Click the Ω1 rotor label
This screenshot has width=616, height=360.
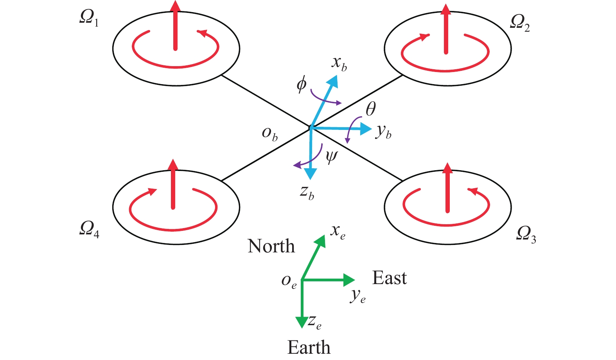(89, 18)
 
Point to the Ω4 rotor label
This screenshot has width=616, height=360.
(89, 229)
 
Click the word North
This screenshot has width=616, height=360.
(271, 246)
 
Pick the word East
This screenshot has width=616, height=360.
(389, 278)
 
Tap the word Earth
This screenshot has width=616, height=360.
(309, 347)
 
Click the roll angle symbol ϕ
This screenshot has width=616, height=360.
(302, 84)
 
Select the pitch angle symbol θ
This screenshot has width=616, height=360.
(370, 109)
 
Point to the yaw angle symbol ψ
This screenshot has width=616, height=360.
(331, 157)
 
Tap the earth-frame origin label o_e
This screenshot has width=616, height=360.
(289, 281)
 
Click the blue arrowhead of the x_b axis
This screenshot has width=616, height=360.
(333, 80)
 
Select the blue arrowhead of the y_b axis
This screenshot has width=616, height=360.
(366, 129)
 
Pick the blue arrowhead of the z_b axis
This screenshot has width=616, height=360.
(311, 174)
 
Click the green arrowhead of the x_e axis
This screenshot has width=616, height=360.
(321, 240)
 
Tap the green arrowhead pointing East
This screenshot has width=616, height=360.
(349, 280)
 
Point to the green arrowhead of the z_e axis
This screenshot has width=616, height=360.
(302, 322)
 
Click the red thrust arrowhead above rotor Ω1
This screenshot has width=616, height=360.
(176, 5)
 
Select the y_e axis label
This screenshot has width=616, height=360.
(358, 296)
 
